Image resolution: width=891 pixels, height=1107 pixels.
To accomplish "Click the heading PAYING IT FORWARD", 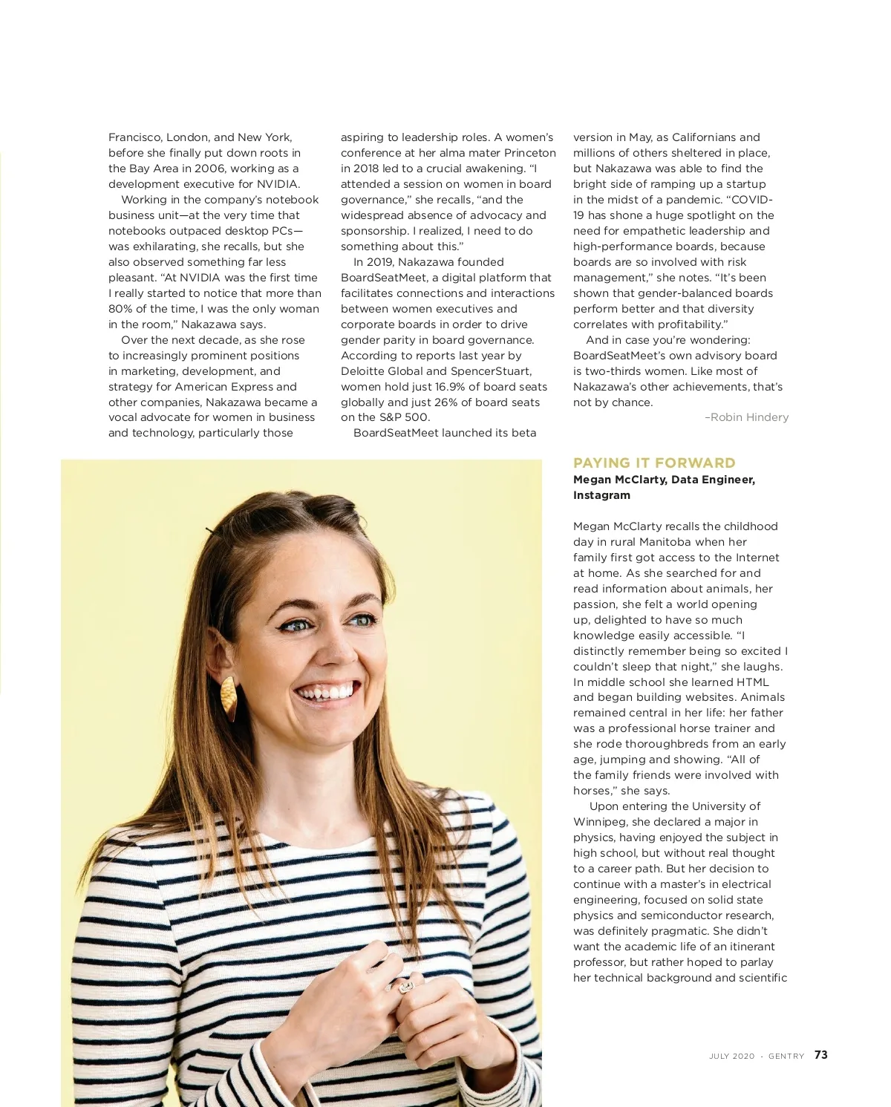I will coord(654,463).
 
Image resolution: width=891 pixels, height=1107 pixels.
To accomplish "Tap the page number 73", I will coord(820,1055).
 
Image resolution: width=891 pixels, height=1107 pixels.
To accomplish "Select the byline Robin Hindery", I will coord(749,417).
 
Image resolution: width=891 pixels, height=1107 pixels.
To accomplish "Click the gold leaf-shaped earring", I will coord(229,698).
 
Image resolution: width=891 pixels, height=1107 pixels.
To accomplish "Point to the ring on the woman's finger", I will coord(405,987).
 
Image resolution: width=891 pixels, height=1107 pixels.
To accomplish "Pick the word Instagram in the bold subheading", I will coord(601,495).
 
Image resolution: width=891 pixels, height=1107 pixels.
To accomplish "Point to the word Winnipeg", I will coord(600,822).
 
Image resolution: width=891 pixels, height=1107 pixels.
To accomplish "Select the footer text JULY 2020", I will coord(731,1056).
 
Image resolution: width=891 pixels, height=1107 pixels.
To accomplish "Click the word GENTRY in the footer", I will coord(786,1056).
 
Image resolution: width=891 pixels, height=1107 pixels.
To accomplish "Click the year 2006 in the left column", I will coord(209,169).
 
